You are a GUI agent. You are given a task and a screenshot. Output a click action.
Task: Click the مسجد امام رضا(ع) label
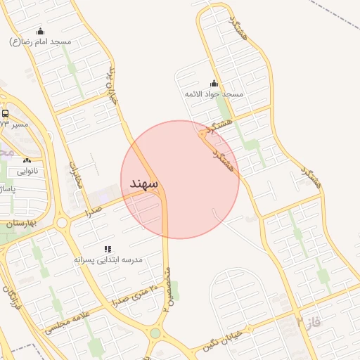(41, 41)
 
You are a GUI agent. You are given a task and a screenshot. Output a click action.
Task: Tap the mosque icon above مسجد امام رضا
(40, 31)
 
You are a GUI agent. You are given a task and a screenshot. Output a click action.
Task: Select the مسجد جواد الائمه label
(214, 94)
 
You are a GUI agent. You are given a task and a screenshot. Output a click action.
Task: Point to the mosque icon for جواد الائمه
(214, 83)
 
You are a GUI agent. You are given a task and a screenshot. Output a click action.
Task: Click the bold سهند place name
(144, 183)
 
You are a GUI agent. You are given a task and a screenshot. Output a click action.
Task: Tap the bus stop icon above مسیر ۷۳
(6, 113)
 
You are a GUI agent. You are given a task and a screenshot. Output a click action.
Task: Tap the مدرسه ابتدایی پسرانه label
(109, 259)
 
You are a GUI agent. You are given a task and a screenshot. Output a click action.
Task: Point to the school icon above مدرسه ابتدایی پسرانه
(108, 248)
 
